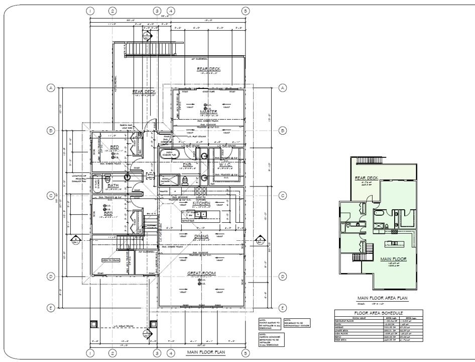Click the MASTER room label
(x=207, y=111)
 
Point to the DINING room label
(x=201, y=236)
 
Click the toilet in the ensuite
(x=185, y=179)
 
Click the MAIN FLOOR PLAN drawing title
(x=206, y=352)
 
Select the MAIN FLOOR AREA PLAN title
(x=384, y=298)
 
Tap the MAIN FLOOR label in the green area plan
(x=392, y=259)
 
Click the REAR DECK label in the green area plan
(x=366, y=178)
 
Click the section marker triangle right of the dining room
(x=260, y=239)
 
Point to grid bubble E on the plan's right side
(x=282, y=308)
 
